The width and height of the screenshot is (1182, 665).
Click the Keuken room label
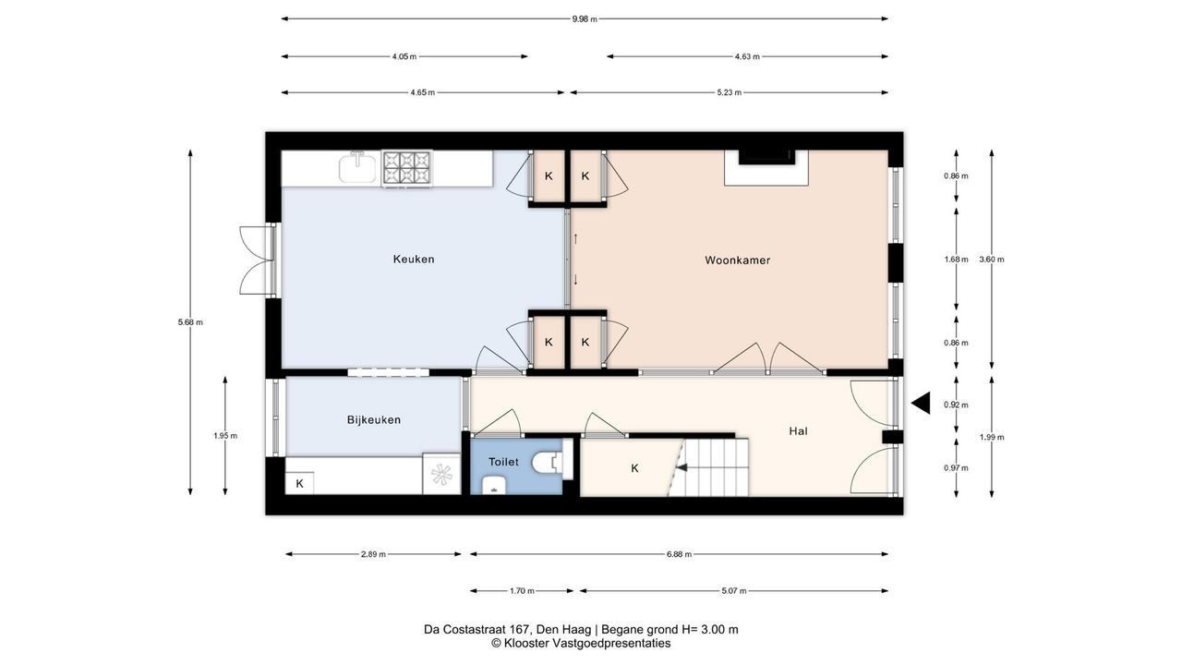[x=414, y=260]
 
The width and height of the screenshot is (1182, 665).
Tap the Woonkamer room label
[x=738, y=260]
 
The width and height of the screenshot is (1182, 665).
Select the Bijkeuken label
[x=374, y=420]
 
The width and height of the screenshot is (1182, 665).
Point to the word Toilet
[x=503, y=462]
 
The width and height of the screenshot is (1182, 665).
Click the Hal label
[x=799, y=431]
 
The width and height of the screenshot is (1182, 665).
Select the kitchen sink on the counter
[x=357, y=167]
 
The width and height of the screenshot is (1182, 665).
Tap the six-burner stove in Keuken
[x=406, y=168]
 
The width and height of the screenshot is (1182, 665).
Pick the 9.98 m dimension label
[x=585, y=19]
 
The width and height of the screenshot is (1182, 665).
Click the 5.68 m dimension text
[x=190, y=322]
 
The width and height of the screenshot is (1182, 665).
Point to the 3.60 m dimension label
[x=992, y=260]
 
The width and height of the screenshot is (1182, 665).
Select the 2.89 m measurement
[x=373, y=555]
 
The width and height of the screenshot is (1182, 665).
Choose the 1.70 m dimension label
[x=522, y=591]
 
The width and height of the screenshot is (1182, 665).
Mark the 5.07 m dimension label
[x=734, y=591]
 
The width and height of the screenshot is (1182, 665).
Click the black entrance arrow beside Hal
[x=921, y=404]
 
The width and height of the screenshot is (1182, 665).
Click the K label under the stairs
[x=634, y=468]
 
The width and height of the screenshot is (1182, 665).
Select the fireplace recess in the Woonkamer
[x=766, y=168]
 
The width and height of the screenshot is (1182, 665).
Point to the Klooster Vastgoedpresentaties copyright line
[x=581, y=644]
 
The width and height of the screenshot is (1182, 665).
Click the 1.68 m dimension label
[x=956, y=260]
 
